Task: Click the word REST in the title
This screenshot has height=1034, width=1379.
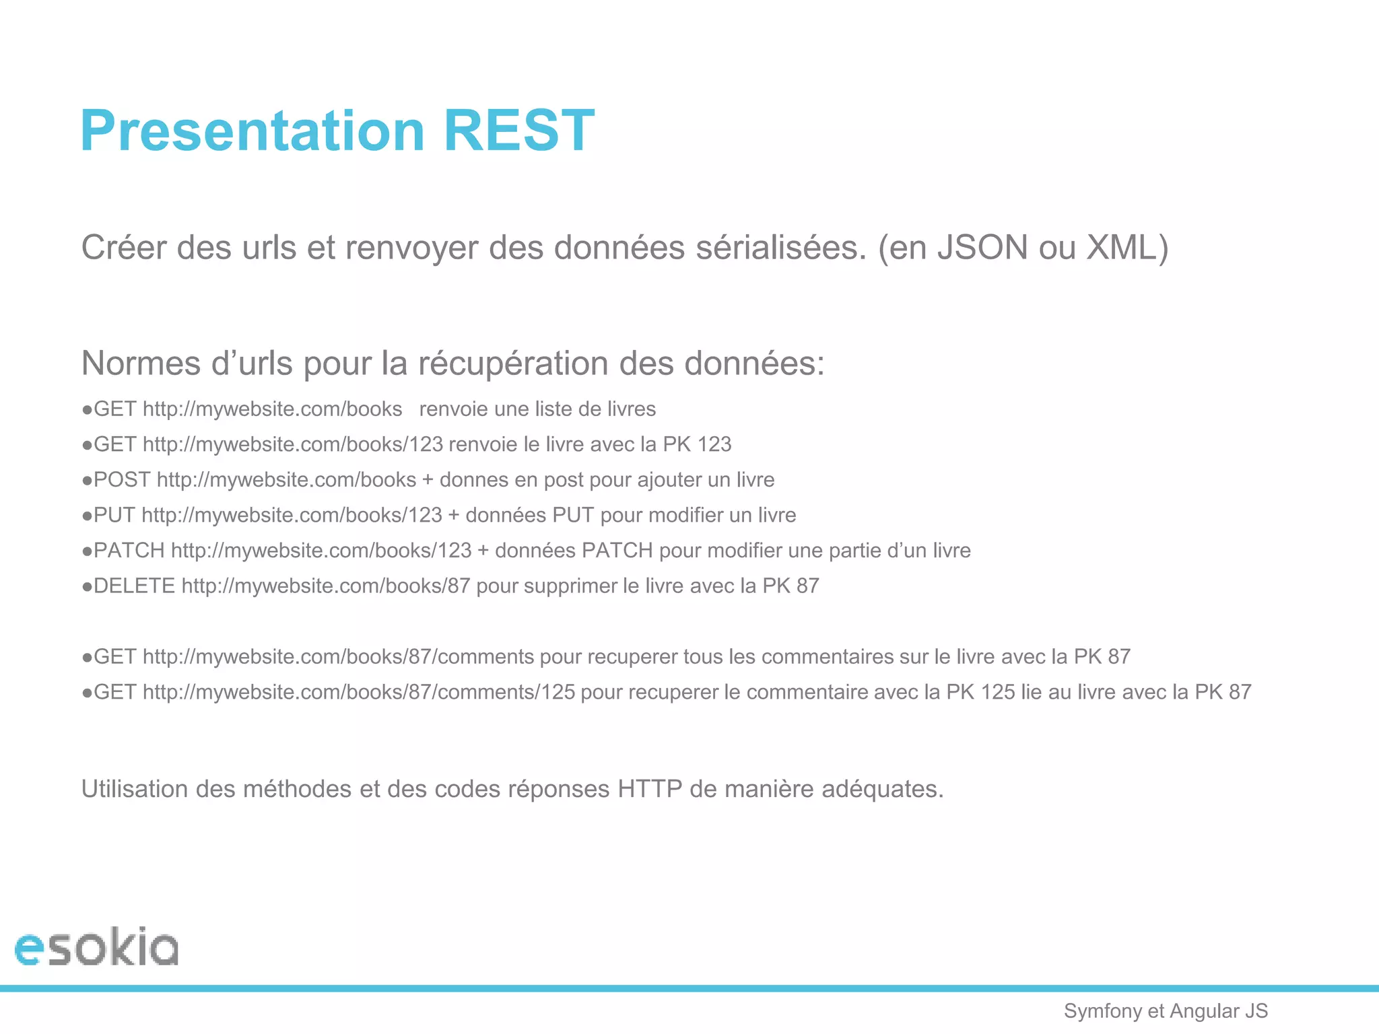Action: point(518,131)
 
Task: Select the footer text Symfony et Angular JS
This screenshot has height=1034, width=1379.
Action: point(1166,1011)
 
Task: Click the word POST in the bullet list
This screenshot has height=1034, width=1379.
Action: point(122,480)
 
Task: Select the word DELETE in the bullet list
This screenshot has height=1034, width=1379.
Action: point(134,586)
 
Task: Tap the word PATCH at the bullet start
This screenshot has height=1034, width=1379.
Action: point(129,551)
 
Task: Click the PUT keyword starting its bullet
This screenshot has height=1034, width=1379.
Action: point(114,516)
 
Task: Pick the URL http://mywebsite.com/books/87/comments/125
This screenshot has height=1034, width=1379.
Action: point(359,692)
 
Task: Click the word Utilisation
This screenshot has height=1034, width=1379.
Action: point(135,789)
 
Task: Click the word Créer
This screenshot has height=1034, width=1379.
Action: point(124,248)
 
